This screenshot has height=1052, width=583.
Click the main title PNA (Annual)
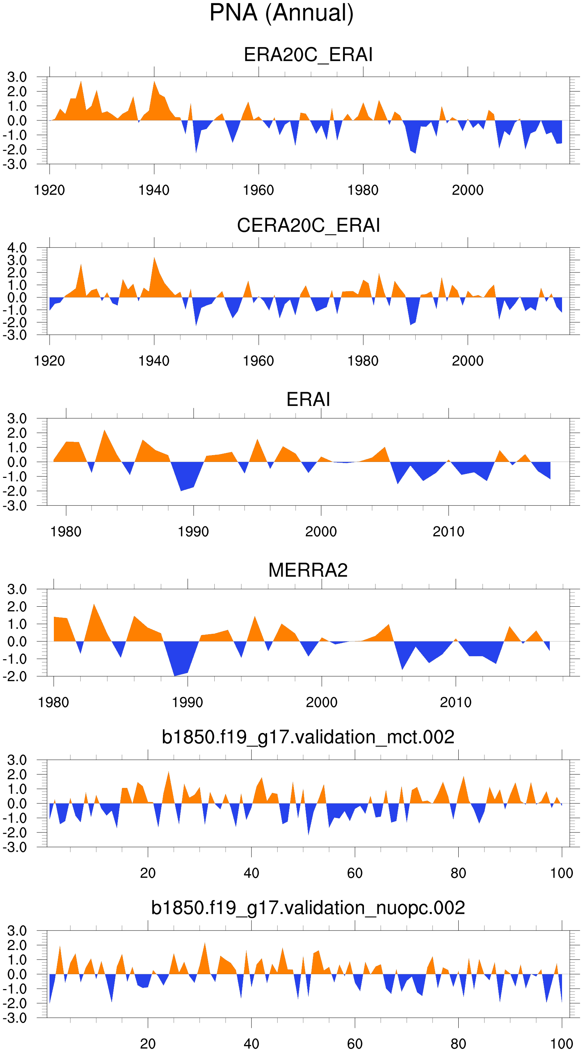pos(281,13)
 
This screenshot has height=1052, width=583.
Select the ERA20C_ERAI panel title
pos(308,55)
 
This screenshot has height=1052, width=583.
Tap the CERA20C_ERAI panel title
pos(308,225)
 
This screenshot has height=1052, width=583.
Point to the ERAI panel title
pos(308,399)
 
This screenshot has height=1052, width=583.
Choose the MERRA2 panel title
pos(308,570)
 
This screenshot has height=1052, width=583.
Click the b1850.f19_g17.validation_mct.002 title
pos(308,737)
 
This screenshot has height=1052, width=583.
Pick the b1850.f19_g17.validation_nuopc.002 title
pos(308,908)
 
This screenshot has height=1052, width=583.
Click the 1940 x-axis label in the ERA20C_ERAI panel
pos(154,190)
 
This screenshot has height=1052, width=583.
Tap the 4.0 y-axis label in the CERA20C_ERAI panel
pos(17,248)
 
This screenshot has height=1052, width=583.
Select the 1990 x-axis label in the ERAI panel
pos(193,532)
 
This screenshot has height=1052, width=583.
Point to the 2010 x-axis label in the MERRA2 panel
pos(455,703)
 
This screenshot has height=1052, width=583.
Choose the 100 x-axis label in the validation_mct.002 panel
pos(561,873)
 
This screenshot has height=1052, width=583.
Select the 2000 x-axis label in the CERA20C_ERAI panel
pos(468,361)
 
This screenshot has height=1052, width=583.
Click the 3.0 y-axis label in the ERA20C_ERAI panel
pos(17,77)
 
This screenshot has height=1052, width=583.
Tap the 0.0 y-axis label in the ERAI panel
pos(17,462)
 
